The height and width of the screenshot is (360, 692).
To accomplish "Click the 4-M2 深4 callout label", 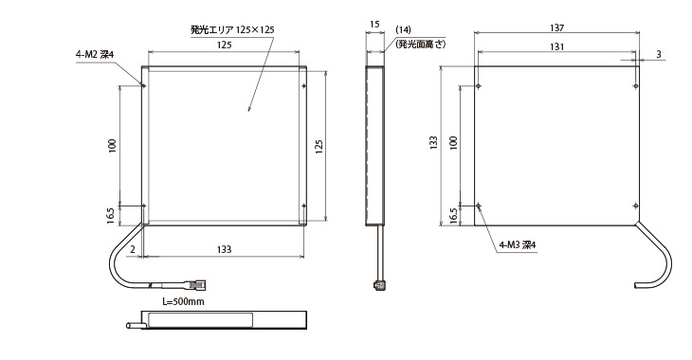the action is (95, 55).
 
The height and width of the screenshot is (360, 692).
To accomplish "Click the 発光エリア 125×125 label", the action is (232, 30).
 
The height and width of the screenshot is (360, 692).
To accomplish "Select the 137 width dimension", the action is (557, 27).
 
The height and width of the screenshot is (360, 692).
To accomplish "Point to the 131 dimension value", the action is (557, 46).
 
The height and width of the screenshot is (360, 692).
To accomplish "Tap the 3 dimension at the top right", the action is (659, 54).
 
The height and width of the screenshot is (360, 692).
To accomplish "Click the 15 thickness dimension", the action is (374, 25).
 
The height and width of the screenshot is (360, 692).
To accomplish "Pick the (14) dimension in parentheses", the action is (403, 30).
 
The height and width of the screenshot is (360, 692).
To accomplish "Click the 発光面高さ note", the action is (421, 45).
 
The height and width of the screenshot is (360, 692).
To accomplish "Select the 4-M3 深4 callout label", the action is (518, 244).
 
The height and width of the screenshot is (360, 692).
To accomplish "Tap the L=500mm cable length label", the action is (183, 302).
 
